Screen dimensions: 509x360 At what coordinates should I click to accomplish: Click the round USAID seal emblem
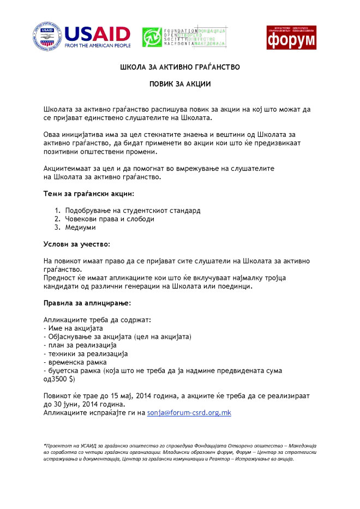[47, 37]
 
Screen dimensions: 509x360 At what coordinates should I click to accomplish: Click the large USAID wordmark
[98, 34]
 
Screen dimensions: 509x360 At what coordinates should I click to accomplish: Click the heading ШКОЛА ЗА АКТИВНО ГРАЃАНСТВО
[180, 67]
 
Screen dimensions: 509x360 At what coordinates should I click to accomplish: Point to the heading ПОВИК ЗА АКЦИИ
[180, 85]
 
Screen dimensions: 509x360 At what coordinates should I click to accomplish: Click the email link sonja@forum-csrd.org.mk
[189, 412]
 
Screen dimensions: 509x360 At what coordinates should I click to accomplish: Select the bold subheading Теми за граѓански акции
[88, 194]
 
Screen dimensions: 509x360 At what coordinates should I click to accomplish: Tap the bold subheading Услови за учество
[76, 243]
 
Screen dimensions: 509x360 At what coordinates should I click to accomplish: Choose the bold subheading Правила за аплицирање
[87, 302]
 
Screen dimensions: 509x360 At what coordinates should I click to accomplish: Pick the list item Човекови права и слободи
[110, 219]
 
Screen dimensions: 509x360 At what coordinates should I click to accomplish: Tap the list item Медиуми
[80, 227]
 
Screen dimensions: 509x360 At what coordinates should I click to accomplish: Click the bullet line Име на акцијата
[73, 328]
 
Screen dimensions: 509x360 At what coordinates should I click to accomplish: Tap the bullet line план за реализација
[80, 345]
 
